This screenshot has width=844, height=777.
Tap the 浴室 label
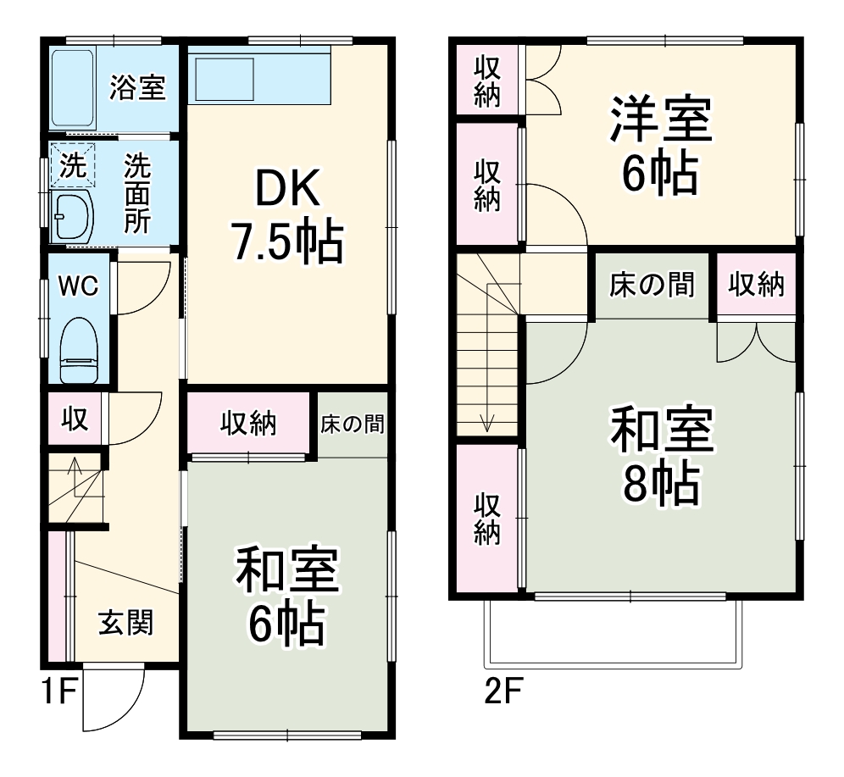click(137, 87)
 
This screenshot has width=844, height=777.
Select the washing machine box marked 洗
click(72, 164)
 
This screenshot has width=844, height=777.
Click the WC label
click(78, 286)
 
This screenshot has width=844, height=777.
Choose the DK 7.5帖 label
click(287, 219)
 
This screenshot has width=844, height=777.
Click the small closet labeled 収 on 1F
click(75, 419)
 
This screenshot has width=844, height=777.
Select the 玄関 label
click(126, 624)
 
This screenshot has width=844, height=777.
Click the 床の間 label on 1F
click(352, 424)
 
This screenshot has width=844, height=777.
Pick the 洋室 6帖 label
click(659, 146)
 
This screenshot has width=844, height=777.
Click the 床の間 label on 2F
click(652, 286)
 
